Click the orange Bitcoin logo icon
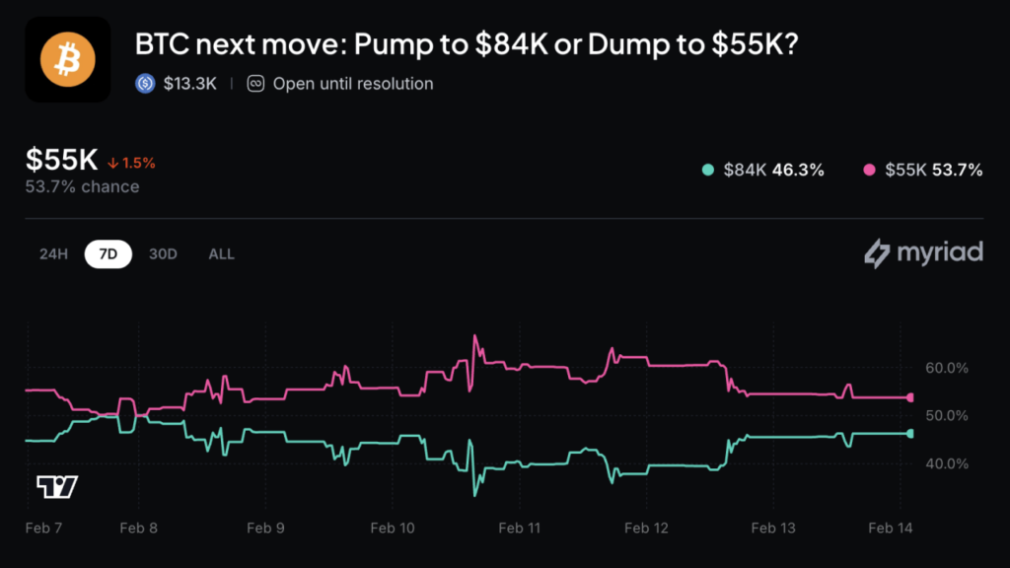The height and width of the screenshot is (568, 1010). point(68,59)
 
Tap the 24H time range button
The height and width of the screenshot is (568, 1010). point(53,254)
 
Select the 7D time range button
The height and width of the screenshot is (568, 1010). point(108,254)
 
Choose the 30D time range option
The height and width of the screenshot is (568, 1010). point(163,254)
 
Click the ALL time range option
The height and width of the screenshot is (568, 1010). point(221,254)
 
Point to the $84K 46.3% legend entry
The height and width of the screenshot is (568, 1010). point(762,170)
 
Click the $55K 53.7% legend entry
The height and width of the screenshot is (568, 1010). point(923,170)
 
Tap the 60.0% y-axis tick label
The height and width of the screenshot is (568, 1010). point(947,368)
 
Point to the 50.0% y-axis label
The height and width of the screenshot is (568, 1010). point(947,415)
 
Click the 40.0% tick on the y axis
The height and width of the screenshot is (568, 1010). point(947,463)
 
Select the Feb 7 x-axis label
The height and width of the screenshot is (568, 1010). point(43,529)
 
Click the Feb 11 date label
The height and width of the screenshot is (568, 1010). point(519,529)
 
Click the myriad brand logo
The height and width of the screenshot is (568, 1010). point(923,252)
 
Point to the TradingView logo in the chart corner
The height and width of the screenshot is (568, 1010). point(57,486)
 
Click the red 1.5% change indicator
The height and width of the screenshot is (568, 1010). point(132,163)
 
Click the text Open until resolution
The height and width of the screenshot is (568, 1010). point(352,84)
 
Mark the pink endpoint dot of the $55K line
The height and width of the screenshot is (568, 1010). point(910,397)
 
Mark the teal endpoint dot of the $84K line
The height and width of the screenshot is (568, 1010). point(910,433)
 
